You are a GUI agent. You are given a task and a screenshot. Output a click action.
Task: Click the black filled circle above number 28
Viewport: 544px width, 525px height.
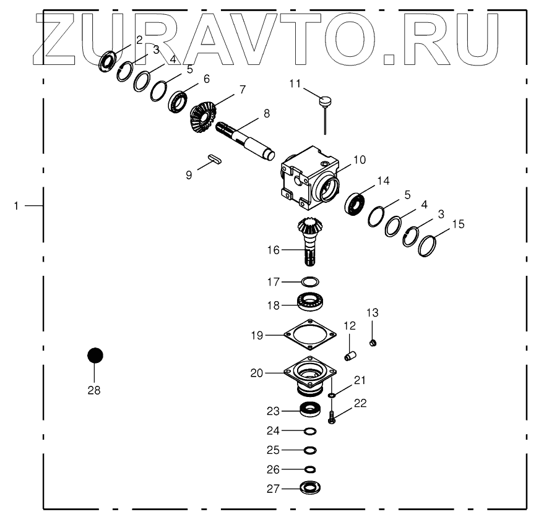coord(95,356)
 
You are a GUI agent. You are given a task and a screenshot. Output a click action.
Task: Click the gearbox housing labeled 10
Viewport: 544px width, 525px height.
coord(309,177)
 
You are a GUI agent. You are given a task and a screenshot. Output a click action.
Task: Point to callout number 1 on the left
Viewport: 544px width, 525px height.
coord(17,205)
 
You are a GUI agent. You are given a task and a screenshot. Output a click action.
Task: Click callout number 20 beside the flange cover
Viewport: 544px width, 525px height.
coord(256,373)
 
